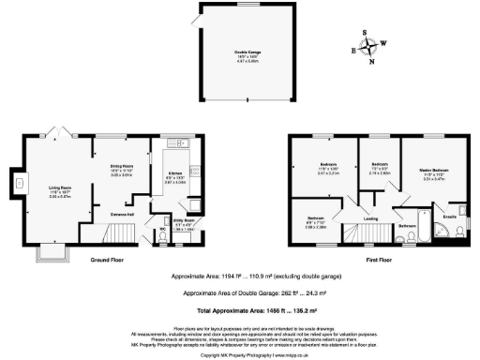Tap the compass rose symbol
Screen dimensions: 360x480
pyautogui.click(x=371, y=45)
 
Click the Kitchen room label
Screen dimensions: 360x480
pyautogui.click(x=173, y=176)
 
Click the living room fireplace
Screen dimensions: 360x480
pyautogui.click(x=26, y=196)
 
